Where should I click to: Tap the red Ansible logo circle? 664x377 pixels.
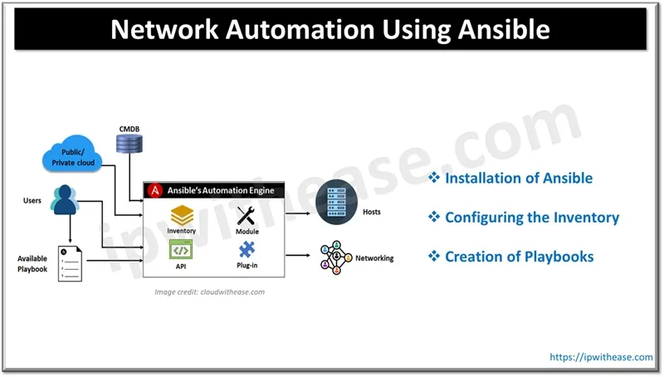tap(154, 190)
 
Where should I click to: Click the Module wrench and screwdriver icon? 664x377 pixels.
tap(247, 216)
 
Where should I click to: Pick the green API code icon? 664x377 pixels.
tap(181, 249)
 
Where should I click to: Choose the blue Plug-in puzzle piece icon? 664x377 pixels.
tap(247, 249)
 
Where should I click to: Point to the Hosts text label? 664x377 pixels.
tap(371, 212)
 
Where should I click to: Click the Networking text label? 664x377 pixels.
tap(374, 258)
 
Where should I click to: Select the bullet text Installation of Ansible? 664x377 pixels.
tap(518, 179)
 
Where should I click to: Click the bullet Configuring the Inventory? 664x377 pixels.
tap(531, 218)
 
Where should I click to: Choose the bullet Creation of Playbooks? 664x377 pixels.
tap(519, 257)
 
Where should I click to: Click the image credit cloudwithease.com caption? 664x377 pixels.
tap(209, 291)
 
